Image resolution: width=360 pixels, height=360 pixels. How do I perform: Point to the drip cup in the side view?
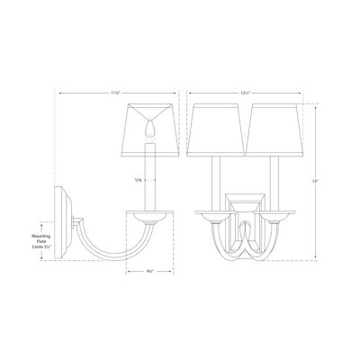pyautogui.click(x=148, y=216)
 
